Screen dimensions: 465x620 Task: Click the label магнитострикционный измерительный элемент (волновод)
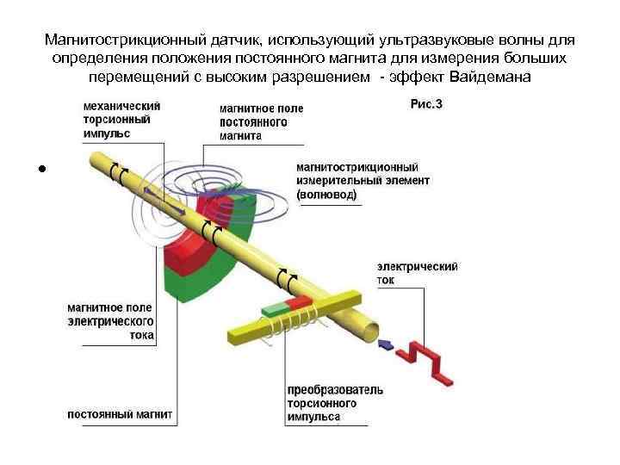pyautogui.click(x=363, y=181)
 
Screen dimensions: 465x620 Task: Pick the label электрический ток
pyautogui.click(x=417, y=273)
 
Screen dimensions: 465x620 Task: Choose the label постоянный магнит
pyautogui.click(x=121, y=414)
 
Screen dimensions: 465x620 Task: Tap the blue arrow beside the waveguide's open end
pyautogui.click(x=386, y=344)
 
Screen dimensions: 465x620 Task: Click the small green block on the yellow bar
pyautogui.click(x=276, y=308)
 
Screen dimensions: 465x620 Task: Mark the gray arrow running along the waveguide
pyautogui.click(x=164, y=200)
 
